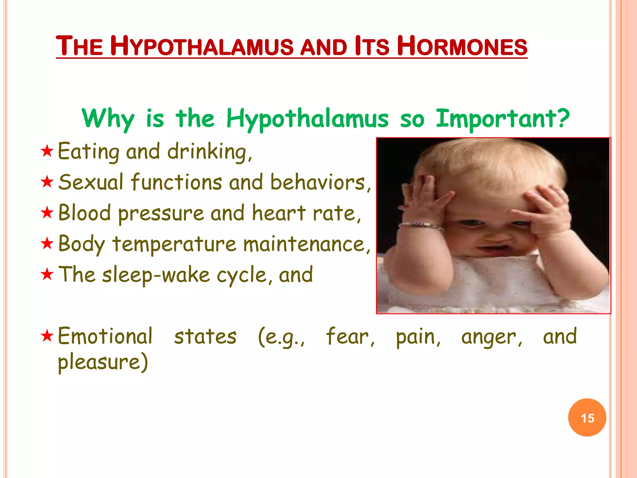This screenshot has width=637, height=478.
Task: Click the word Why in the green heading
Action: point(108,119)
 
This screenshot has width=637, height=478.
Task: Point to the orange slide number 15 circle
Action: point(587,418)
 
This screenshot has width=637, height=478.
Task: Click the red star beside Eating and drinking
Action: point(47,151)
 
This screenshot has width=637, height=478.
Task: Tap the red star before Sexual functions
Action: point(47,182)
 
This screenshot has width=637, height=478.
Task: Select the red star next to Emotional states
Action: point(47,336)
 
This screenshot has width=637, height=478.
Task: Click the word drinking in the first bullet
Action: point(209,152)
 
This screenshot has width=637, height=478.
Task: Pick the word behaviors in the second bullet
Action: point(320,182)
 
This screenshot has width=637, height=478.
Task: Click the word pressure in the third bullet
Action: point(161,214)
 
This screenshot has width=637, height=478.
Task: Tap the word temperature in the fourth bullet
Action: point(174,244)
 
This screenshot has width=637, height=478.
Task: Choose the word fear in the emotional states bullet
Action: point(350,337)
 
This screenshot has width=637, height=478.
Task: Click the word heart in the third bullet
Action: point(278,213)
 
